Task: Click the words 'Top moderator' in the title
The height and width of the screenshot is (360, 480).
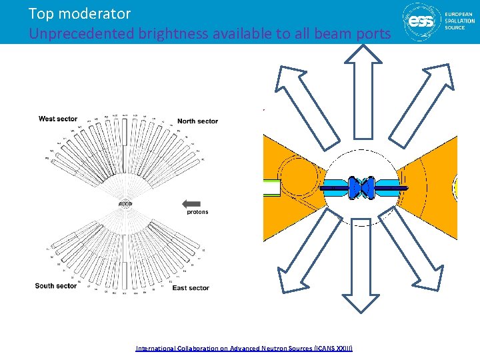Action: (x=79, y=13)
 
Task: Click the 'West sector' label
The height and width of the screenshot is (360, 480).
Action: (x=58, y=119)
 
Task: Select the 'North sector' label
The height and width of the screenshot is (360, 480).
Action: (x=197, y=121)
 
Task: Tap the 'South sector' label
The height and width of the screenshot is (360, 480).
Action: (x=56, y=286)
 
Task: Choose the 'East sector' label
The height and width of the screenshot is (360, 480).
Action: (x=190, y=288)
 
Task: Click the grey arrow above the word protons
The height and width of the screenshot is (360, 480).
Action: (x=191, y=203)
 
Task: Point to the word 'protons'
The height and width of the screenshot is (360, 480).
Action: (x=197, y=212)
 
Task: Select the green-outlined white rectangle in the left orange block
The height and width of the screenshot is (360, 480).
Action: (x=271, y=188)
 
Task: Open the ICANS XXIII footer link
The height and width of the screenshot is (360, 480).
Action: (x=244, y=348)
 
